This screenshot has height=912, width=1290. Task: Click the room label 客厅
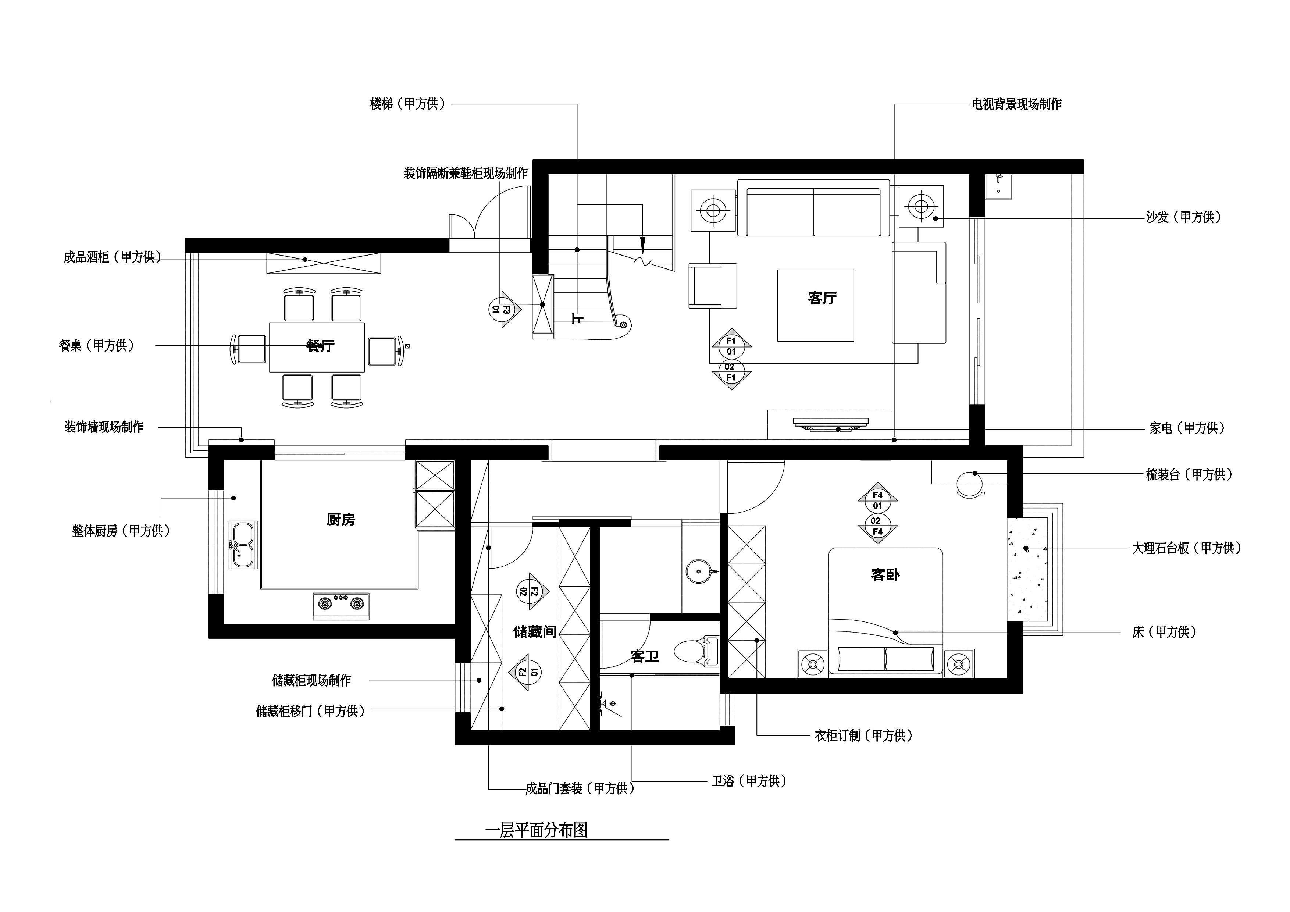[x=822, y=298]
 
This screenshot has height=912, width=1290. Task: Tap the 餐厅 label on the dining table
[x=320, y=346]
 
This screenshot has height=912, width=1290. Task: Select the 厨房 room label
[x=341, y=519]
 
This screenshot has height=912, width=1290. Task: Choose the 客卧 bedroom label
[x=885, y=574]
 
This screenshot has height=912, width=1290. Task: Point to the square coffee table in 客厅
[x=815, y=306]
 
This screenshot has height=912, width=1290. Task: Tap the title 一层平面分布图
[x=536, y=830]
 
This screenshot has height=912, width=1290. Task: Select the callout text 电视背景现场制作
[x=1016, y=104]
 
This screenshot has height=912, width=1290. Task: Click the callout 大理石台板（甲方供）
[x=1186, y=548]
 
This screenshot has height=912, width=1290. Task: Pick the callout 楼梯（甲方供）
[x=407, y=104]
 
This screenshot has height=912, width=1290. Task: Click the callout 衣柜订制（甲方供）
[x=863, y=735]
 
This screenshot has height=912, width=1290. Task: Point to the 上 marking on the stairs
[x=577, y=318]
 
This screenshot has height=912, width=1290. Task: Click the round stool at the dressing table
[x=970, y=483]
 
